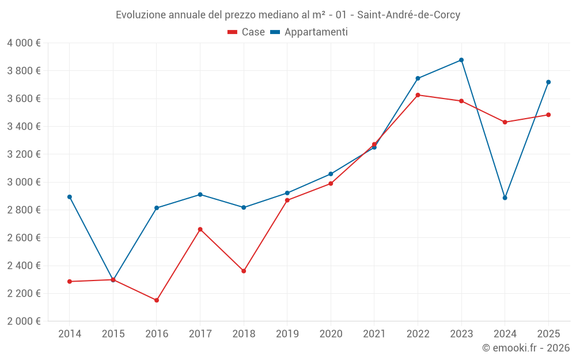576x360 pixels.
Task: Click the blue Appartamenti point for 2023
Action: [461, 60]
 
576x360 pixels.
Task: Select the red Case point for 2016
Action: [157, 300]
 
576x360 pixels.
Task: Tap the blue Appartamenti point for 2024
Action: [505, 198]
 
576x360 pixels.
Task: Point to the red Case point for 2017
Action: [200, 229]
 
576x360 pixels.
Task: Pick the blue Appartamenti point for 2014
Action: [70, 197]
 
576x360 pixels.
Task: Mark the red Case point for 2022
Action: [418, 95]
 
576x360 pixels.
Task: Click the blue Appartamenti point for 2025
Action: [548, 82]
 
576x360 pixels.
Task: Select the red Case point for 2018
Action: [244, 271]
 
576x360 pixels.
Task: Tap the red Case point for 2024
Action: [505, 122]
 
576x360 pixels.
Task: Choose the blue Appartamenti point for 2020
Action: [331, 174]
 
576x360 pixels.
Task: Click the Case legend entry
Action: [247, 32]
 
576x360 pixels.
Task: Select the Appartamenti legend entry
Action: [309, 32]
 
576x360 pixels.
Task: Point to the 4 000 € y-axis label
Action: [24, 43]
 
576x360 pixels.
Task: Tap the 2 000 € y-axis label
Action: [24, 321]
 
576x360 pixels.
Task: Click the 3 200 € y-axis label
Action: [24, 154]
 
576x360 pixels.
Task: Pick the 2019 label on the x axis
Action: [287, 334]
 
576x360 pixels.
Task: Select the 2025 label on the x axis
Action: [548, 334]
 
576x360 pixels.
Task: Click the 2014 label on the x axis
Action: [70, 334]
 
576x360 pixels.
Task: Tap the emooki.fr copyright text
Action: [525, 348]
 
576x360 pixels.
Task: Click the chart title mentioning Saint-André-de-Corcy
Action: [288, 15]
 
